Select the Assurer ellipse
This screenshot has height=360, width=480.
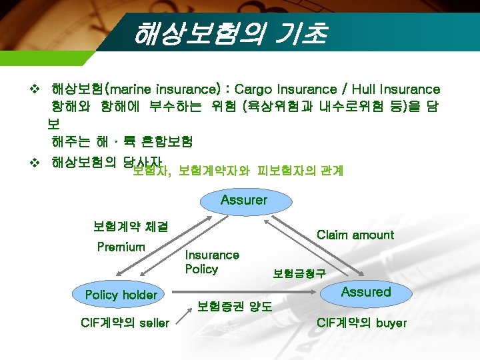point(244,201)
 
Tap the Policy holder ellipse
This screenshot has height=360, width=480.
point(121,295)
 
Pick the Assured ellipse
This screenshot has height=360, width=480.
point(366,292)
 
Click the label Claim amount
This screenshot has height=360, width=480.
point(355,235)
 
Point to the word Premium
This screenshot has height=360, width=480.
point(121,247)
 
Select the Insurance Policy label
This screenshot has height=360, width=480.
point(211,262)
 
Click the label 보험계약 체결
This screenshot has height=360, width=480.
point(131,227)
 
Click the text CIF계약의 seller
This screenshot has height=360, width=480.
point(125,323)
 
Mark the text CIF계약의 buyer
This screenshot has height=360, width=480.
point(361,323)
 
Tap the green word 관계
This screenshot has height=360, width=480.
point(332,171)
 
